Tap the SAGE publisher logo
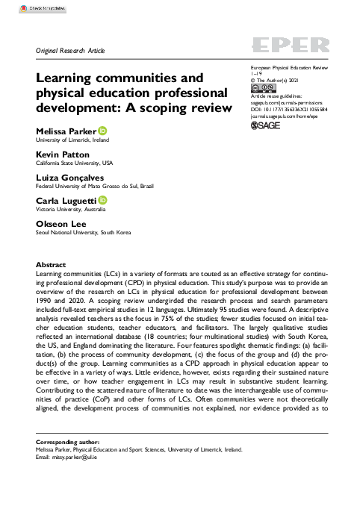[x=264, y=126]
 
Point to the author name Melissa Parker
[x=66, y=132]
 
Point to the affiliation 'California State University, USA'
[x=74, y=163]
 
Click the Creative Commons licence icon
[x=259, y=88]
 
